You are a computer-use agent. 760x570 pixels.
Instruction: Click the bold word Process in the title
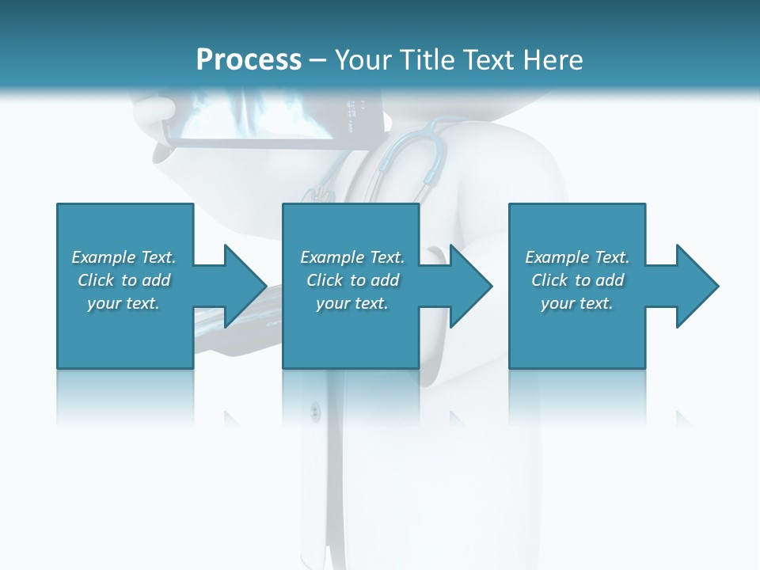point(249,60)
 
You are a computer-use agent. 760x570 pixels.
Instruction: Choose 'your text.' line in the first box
point(123,303)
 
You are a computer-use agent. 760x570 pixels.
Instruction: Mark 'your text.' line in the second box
point(351,303)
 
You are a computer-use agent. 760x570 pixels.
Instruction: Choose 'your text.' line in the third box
point(576,303)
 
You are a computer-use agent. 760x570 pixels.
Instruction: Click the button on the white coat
point(315,410)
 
